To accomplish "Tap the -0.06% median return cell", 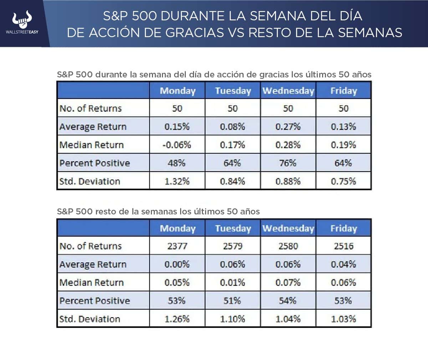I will click(x=177, y=145).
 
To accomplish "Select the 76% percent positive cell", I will click(x=288, y=163).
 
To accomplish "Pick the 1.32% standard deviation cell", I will click(x=177, y=181).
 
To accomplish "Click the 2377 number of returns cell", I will click(x=177, y=246).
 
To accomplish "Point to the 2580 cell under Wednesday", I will click(x=288, y=246).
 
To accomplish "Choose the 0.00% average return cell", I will click(x=177, y=264).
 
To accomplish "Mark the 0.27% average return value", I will click(x=288, y=127).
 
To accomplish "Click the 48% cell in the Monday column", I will click(x=177, y=163).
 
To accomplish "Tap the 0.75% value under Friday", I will click(x=343, y=181).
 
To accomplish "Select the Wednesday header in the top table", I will click(x=288, y=91).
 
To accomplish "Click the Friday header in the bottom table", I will click(x=343, y=228).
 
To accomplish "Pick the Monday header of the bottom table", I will click(x=178, y=228).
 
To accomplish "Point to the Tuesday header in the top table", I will click(x=233, y=91).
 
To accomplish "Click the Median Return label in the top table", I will click(x=92, y=145).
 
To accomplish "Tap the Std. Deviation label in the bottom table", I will click(x=90, y=319).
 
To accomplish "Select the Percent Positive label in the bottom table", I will click(x=95, y=301).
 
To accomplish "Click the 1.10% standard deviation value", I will click(x=233, y=319).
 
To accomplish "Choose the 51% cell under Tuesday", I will click(x=233, y=301).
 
